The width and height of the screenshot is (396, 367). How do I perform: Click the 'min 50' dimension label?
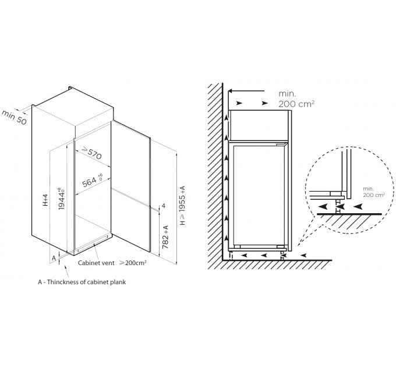pos(14,118)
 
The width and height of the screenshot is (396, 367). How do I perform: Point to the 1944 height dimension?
pos(61,198)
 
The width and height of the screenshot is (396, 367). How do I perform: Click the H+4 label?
pos(45,200)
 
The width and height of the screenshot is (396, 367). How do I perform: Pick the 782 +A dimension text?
pos(165,237)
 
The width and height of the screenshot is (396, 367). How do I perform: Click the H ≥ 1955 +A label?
pos(182,206)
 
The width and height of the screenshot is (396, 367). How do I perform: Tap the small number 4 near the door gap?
pos(164,206)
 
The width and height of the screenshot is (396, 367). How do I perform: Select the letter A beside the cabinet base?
pos(54,258)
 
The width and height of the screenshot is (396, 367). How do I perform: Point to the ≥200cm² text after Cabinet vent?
pos(133,263)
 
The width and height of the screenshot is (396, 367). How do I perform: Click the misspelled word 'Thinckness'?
pos(63,282)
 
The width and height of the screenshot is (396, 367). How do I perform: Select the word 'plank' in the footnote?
pos(118,282)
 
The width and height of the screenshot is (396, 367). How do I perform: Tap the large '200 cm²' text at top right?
pos(296,104)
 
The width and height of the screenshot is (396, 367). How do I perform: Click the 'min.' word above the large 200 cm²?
pos(287,93)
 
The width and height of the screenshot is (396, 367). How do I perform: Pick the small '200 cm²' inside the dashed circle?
pos(374,195)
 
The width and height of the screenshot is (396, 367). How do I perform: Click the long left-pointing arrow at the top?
pos(246,91)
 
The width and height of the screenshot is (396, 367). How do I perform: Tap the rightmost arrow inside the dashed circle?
pos(358,207)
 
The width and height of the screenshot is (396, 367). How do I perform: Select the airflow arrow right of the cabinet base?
pos(303,255)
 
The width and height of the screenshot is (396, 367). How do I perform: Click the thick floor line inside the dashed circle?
pos(349,214)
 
